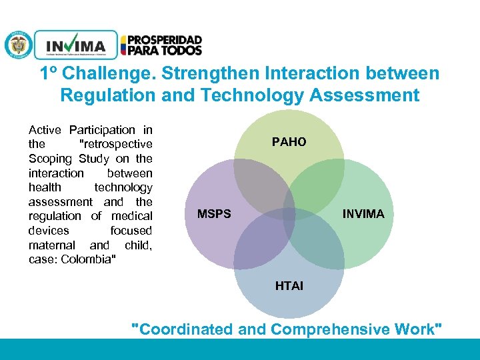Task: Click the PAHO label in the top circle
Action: [x=289, y=142]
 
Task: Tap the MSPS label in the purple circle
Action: [x=214, y=214]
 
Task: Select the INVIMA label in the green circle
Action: [x=363, y=214]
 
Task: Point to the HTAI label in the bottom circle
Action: [x=289, y=286]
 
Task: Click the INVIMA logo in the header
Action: [x=75, y=45]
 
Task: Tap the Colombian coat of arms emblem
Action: [x=18, y=45]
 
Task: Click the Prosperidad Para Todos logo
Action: [x=161, y=45]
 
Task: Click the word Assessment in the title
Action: [x=365, y=95]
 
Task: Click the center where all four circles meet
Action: [x=289, y=214]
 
